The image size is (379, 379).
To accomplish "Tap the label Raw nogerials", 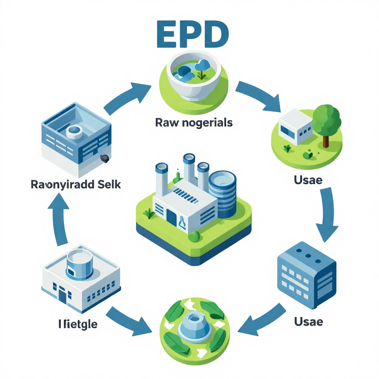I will (x=194, y=123).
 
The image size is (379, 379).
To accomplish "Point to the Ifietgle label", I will (x=78, y=324).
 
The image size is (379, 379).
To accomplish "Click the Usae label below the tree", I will (x=308, y=181).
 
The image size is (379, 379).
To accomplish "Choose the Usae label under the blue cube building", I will (x=308, y=322).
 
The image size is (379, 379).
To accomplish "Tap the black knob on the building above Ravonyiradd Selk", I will (x=105, y=158).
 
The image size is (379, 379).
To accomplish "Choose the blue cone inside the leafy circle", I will (x=192, y=325).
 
